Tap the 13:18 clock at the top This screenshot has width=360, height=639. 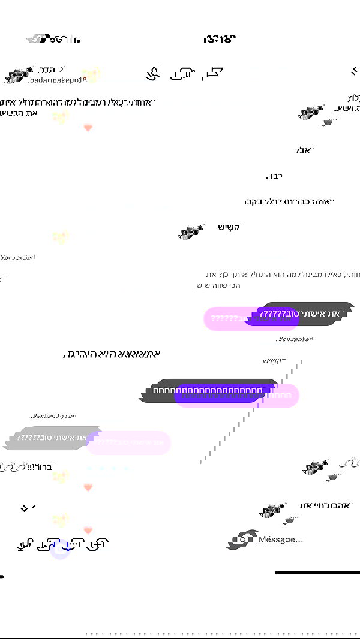coord(219,39)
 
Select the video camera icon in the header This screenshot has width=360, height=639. coord(182,74)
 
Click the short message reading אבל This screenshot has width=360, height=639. coord(304,150)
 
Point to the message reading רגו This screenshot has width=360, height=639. coord(274,176)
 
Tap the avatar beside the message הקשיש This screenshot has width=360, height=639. coord(191,232)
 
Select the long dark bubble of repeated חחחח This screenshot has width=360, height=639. coord(209,390)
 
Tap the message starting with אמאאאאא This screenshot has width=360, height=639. coord(112,355)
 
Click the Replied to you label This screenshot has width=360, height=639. coord(55,415)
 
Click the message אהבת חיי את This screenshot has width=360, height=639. coord(324,506)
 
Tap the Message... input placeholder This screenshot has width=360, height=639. coord(279,540)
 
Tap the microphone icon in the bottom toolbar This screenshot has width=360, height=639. coord(25,544)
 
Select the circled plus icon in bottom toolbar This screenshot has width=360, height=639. coord(97,544)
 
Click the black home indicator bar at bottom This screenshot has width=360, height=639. coord(317,572)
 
